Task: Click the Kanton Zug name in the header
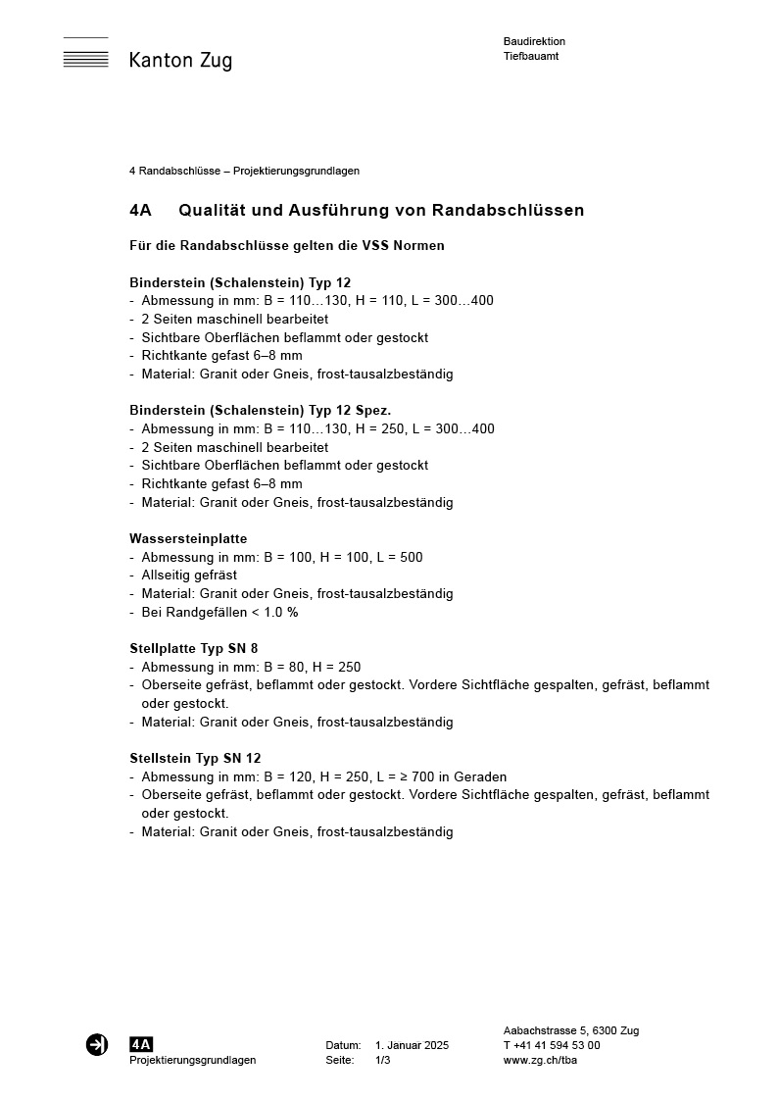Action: pos(180,61)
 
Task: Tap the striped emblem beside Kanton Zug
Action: pos(86,53)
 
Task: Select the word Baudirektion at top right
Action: pos(534,41)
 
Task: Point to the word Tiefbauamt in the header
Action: pos(531,56)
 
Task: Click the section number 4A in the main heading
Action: pos(140,211)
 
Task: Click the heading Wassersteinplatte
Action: pos(188,539)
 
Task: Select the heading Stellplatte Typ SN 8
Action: pos(194,649)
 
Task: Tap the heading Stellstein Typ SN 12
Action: pos(195,759)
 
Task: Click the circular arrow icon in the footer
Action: pos(97,1045)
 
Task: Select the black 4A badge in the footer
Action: pos(141,1045)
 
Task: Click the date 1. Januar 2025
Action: pos(412,1046)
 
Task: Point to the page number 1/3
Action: pos(383,1061)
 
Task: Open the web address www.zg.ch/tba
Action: pos(540,1061)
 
